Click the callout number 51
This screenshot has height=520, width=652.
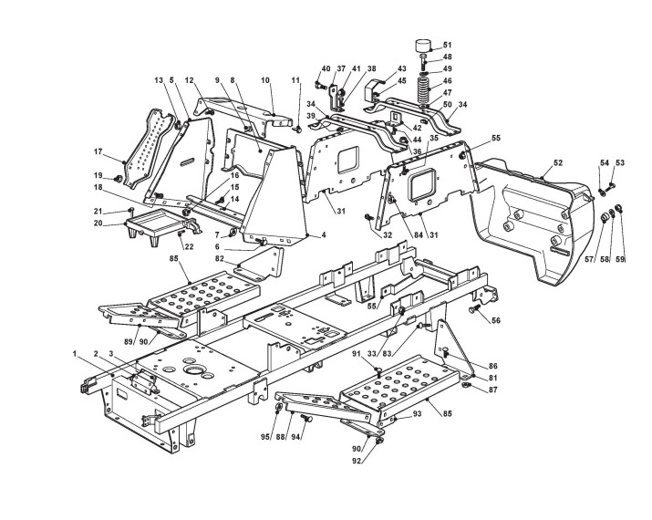[447, 45]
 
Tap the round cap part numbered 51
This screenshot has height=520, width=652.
[425, 47]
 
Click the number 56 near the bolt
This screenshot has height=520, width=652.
[497, 320]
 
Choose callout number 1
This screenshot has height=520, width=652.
[75, 352]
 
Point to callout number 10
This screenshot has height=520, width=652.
[265, 80]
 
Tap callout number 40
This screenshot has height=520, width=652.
[326, 68]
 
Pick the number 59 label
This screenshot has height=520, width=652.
[620, 260]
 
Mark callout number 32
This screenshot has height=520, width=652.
[387, 234]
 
